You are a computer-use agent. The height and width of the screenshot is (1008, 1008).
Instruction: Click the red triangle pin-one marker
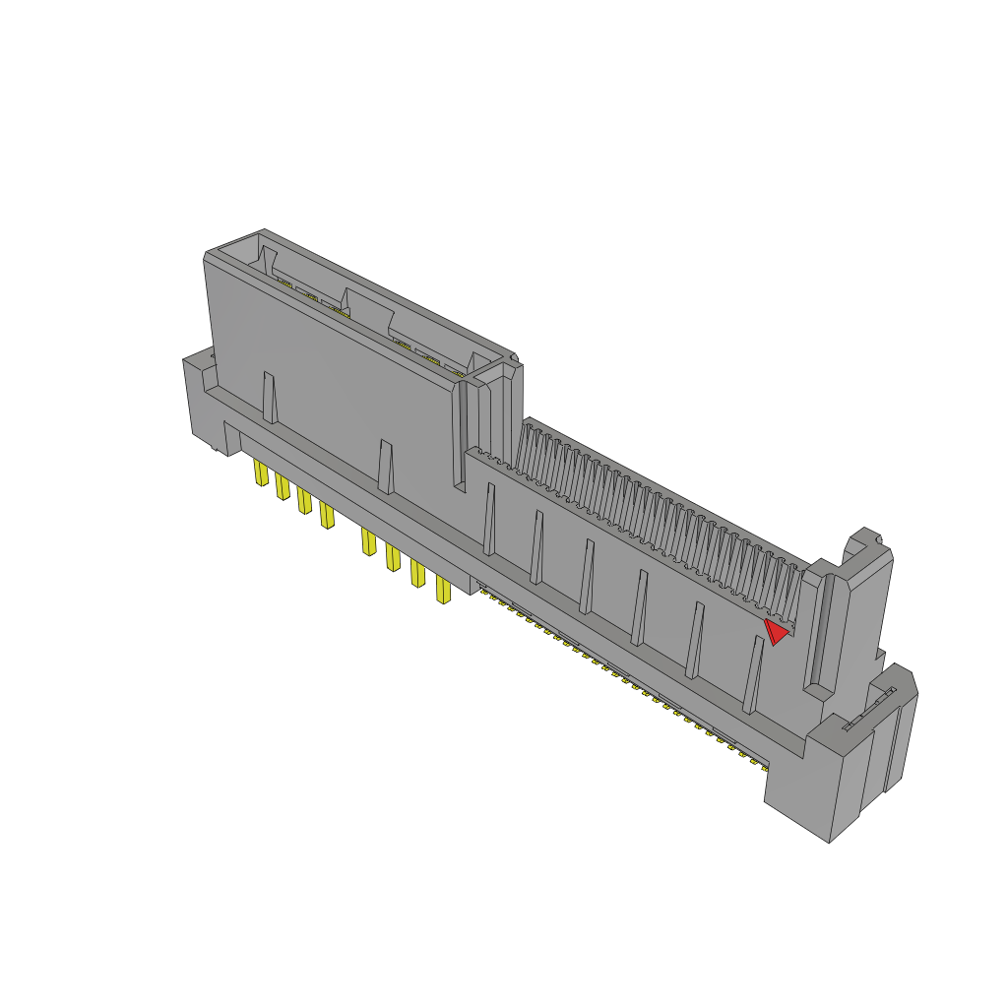(777, 631)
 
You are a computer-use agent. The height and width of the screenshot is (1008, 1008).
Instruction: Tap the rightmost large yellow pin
(443, 591)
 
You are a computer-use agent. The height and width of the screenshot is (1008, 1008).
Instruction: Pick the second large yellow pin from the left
(283, 486)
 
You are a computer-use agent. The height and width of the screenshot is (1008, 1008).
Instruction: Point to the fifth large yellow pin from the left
(369, 541)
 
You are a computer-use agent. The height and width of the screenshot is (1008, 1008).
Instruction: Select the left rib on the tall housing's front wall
(269, 398)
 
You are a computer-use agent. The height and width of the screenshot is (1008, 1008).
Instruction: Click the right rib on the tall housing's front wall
(386, 467)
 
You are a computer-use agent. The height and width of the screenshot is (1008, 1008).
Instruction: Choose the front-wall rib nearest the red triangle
(753, 674)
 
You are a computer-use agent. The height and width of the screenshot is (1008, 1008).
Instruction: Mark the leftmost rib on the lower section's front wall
(489, 519)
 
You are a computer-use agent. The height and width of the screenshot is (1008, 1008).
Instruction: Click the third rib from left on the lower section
(588, 577)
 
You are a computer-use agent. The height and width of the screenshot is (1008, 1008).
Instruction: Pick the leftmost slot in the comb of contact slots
(528, 448)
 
